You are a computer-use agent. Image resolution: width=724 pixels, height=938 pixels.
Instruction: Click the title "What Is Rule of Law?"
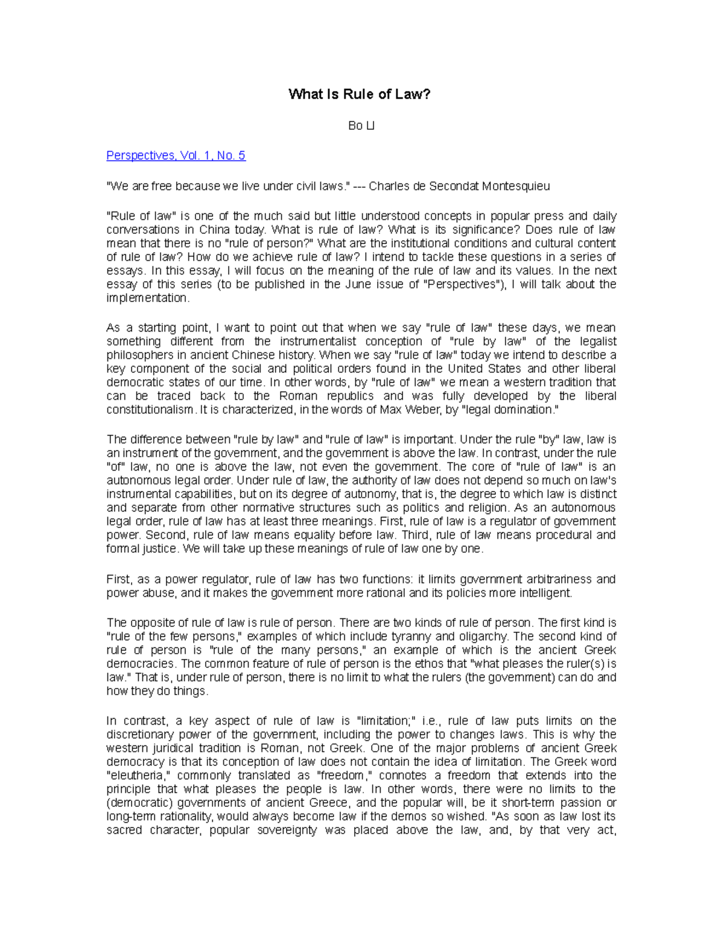[360, 94]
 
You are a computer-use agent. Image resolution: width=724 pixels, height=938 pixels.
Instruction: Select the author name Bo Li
[361, 126]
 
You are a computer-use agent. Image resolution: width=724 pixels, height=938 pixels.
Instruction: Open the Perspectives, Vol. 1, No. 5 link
[176, 156]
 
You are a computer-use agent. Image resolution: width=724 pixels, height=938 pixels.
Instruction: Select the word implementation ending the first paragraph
[147, 298]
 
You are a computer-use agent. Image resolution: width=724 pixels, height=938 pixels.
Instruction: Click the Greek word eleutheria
[139, 776]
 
